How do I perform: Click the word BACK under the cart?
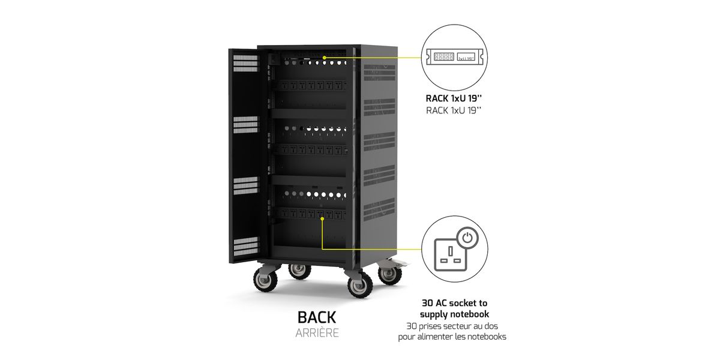point(317,317)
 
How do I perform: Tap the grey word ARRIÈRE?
point(317,333)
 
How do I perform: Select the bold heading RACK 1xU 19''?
point(454,98)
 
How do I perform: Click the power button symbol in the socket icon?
point(467,238)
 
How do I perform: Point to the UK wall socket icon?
point(451,254)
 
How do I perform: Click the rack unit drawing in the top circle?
point(454,57)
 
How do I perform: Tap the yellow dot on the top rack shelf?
point(325,58)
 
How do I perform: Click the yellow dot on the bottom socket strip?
point(322,218)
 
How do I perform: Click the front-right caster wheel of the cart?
point(361,284)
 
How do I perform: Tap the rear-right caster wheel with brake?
point(390,273)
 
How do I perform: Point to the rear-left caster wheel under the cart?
point(299,271)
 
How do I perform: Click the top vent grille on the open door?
point(245,63)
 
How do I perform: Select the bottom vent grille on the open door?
point(245,247)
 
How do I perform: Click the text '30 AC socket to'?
point(455,303)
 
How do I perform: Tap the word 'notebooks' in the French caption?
point(487,337)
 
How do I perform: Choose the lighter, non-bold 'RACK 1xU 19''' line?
point(454,110)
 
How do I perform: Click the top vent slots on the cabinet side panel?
point(379,73)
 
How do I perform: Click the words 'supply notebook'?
point(455,314)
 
